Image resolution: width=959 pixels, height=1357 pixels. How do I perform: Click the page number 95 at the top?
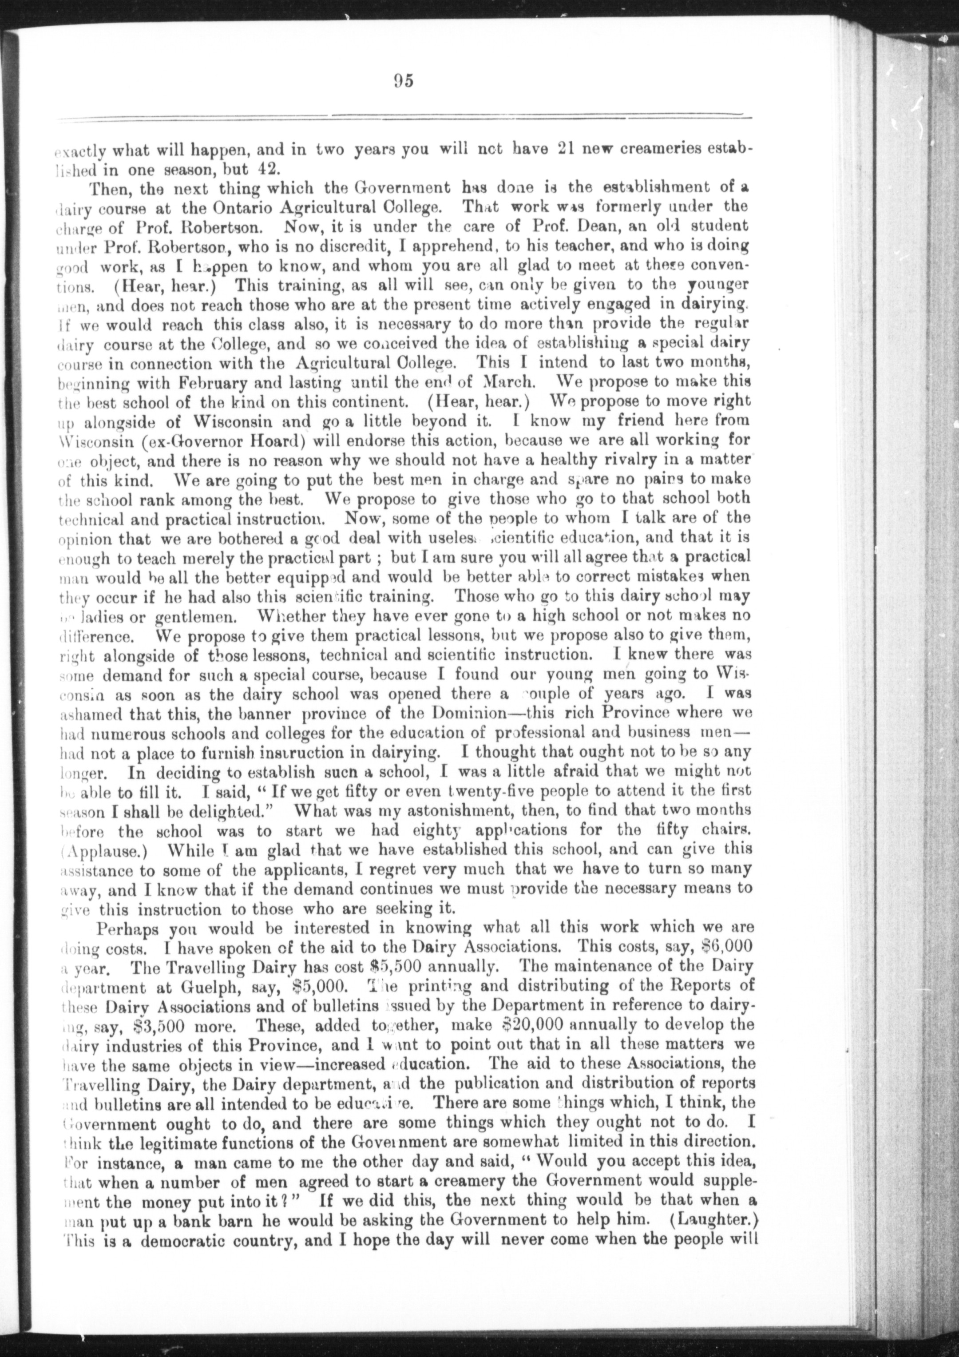tap(402, 81)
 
